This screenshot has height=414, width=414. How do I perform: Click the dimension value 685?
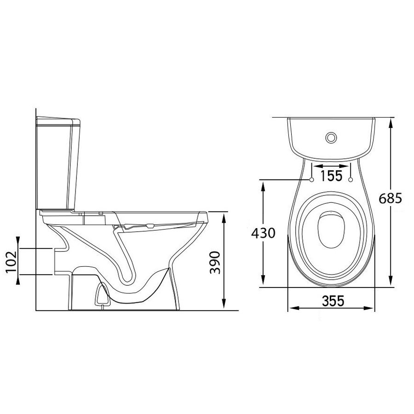pos(390,199)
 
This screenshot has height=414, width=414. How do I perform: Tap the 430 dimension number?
pos(263,233)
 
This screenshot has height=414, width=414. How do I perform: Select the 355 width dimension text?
pos(333,300)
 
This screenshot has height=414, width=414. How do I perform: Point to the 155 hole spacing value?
pos(331,176)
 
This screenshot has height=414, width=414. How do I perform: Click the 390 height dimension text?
pos(215,263)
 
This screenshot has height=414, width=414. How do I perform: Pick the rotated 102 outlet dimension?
pos(11,261)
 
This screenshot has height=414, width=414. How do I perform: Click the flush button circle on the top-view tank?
pos(331,138)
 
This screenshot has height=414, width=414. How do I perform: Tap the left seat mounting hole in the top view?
pos(311,180)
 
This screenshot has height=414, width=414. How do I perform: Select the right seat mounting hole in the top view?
pos(351,180)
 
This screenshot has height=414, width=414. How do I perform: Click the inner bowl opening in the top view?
pos(331,230)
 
